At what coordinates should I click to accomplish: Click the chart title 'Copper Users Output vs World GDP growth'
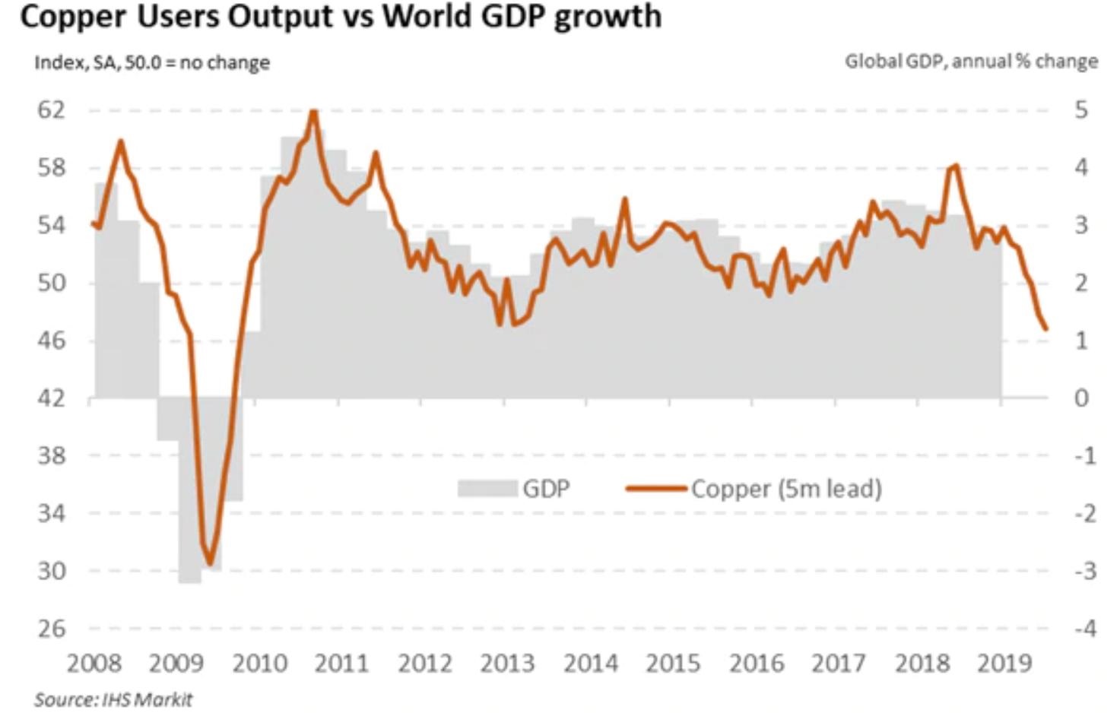pos(341,17)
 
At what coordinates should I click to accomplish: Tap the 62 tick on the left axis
pos(52,110)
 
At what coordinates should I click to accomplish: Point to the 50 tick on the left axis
pos(52,283)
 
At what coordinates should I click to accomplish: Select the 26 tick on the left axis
pos(52,629)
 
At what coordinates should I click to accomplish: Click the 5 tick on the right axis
pos(1081,110)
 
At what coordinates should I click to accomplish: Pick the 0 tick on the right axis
pos(1081,398)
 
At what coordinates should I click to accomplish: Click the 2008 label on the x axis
pos(94,664)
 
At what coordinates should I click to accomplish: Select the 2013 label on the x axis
pos(507,664)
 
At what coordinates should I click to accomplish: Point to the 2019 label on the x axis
pos(1004,664)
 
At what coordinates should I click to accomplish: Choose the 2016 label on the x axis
pos(756,664)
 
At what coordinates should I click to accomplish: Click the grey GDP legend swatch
pos(487,489)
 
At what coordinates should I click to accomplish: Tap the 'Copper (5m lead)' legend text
pos(786,489)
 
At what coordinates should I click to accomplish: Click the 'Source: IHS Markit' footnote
pos(113,699)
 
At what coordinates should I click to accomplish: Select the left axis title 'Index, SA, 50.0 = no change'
pos(152,62)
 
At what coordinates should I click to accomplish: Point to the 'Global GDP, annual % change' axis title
pos(971,61)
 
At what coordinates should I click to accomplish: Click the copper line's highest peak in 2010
pos(314,112)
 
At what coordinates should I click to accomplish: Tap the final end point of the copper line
pos(1046,328)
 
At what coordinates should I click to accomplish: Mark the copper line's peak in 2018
pos(955,165)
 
